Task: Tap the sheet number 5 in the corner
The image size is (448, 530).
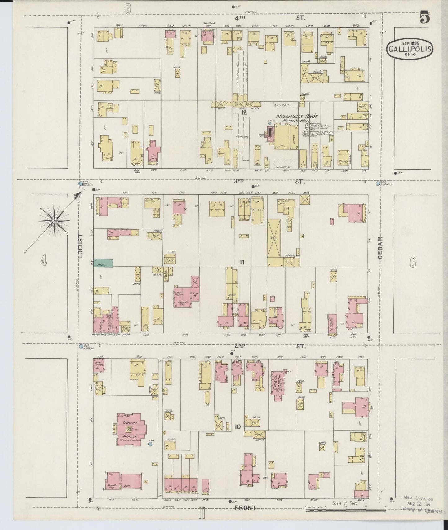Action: click(x=425, y=17)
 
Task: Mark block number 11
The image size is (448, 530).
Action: click(x=242, y=262)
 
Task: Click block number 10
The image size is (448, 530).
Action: click(x=237, y=427)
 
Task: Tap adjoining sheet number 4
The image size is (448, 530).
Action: click(x=43, y=262)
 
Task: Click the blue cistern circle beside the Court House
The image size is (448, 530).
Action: click(x=150, y=444)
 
